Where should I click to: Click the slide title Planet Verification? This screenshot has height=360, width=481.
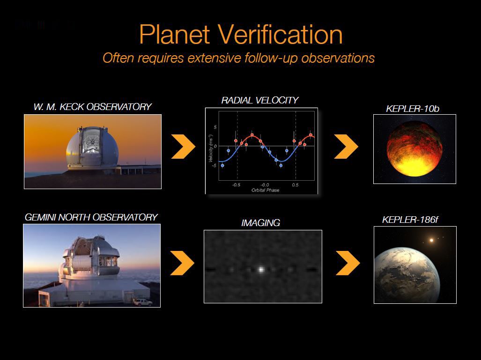pos(241,34)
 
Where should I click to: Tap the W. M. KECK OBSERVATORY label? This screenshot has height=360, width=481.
pos(92,107)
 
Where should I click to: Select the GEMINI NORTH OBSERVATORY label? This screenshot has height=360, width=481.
pos(91,217)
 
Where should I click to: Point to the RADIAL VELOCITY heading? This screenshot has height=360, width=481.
pos(260,100)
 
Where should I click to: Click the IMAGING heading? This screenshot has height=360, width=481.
pos(260,223)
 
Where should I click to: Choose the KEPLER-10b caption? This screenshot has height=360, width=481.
pos(413,109)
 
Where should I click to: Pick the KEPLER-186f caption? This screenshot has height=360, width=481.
pos(413,220)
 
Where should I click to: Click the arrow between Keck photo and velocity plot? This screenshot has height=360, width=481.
pos(183,146)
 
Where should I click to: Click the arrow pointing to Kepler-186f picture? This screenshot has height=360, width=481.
pos(348,263)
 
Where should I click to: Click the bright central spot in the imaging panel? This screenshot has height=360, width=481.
pos(261,269)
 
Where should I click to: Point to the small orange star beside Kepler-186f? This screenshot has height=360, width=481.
pos(431,241)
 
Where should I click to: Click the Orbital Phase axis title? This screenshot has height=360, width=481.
pos(265,190)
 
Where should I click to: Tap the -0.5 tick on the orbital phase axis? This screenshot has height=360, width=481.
pos(237,185)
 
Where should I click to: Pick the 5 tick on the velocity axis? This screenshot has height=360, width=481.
pos(215,127)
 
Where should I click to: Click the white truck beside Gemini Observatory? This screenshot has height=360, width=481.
pos(142,302)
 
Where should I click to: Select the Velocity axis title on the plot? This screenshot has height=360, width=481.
pos(211,152)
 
